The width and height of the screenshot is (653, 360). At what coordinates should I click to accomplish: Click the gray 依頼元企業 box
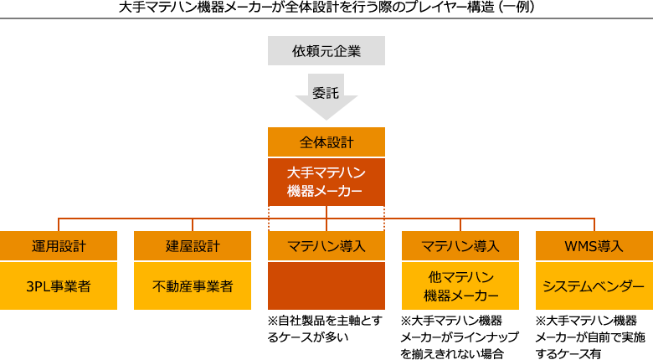[x=326, y=50]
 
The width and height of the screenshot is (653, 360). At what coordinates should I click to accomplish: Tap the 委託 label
[x=326, y=94]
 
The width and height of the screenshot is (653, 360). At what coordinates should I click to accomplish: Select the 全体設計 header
[x=326, y=141]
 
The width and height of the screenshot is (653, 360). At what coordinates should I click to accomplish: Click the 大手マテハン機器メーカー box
[x=326, y=182]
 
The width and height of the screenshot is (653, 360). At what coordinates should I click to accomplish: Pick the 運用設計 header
[x=59, y=246]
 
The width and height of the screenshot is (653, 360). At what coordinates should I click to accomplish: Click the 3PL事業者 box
[x=59, y=286]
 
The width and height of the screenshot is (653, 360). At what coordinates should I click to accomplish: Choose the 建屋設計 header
[x=193, y=246]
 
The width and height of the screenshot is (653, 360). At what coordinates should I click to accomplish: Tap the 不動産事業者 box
[x=193, y=286]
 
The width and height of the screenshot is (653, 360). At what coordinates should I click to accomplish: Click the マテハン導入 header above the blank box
[x=326, y=246]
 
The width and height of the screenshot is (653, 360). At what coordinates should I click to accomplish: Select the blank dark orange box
[x=326, y=286]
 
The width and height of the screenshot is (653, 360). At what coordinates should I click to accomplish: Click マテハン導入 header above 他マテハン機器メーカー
[x=460, y=246]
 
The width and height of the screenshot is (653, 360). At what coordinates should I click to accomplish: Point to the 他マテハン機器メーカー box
[x=460, y=286]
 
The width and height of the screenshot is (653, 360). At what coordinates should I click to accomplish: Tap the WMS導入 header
[x=594, y=246]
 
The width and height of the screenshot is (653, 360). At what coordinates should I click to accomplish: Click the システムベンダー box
[x=594, y=286]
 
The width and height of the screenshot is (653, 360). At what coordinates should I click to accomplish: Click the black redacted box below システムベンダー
[x=589, y=337]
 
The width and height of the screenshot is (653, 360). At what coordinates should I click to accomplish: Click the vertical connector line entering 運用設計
[x=59, y=224]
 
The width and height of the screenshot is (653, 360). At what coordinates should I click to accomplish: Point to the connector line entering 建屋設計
[x=193, y=224]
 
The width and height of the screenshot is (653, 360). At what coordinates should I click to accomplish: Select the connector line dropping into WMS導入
[x=594, y=224]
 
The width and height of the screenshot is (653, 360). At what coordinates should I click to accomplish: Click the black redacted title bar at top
[x=326, y=7]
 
